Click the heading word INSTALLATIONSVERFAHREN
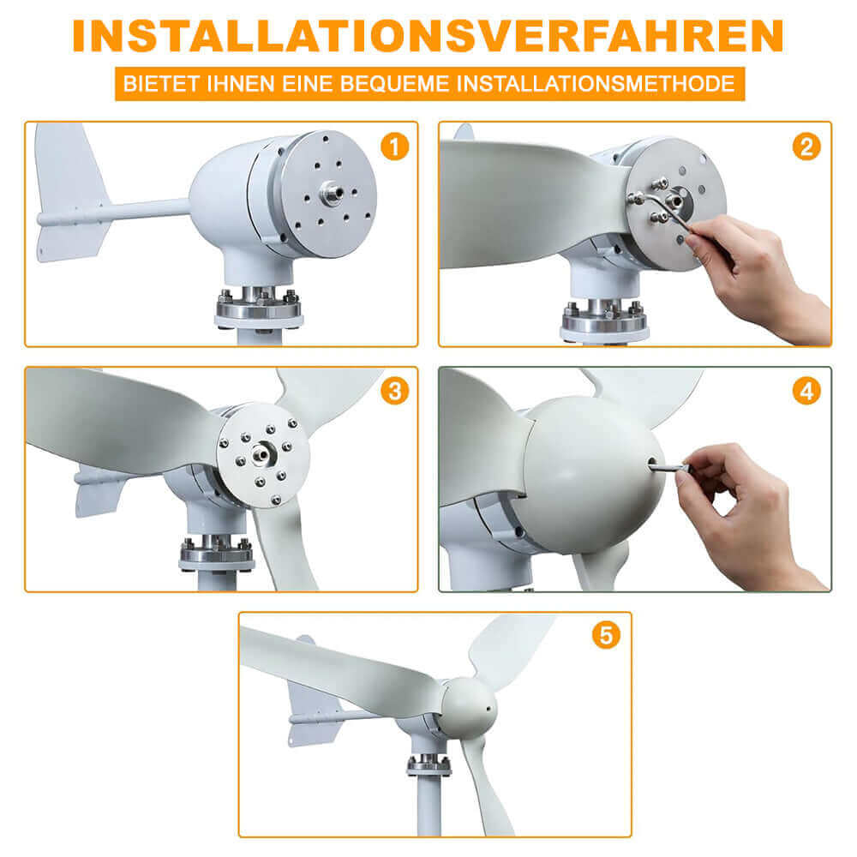click(x=428, y=36)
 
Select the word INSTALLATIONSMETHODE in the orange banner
click(x=596, y=84)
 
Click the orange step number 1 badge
click(x=394, y=147)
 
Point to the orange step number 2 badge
click(x=806, y=147)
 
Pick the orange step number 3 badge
click(x=394, y=392)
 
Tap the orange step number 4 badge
click(x=806, y=392)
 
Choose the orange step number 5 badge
click(x=606, y=635)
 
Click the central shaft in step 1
click(x=332, y=192)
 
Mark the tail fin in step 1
click(x=70, y=192)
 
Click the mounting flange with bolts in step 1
click(x=259, y=308)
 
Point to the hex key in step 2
click(x=664, y=211)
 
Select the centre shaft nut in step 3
click(x=262, y=453)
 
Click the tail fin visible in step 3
click(x=99, y=488)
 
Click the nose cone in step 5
click(x=469, y=709)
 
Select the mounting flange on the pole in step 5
click(x=429, y=765)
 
